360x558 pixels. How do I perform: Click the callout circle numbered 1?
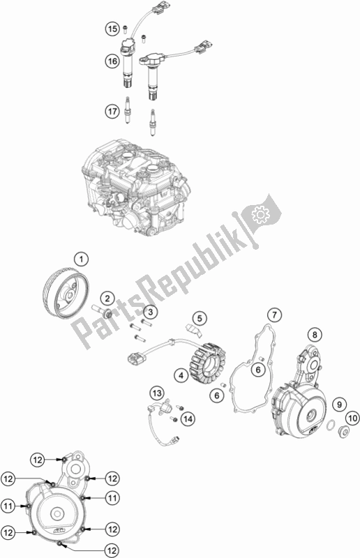tap(81, 259)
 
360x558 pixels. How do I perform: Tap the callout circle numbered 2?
tap(107, 299)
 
